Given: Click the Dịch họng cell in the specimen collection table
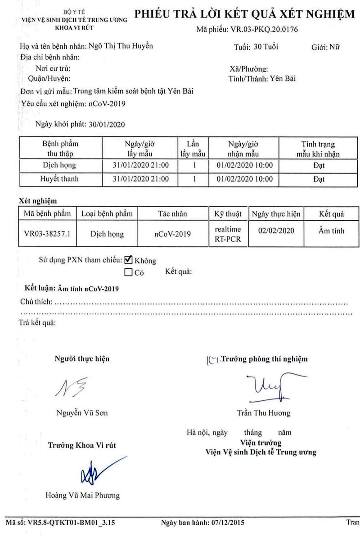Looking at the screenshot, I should pyautogui.click(x=60, y=165).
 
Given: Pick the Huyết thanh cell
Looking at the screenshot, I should pyautogui.click(x=60, y=179).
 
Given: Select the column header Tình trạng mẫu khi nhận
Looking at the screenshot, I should pyautogui.click(x=318, y=149).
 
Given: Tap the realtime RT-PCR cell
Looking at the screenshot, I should pyautogui.click(x=228, y=234).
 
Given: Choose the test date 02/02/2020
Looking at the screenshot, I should pyautogui.click(x=276, y=231).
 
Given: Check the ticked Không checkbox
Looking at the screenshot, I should pyautogui.click(x=128, y=259).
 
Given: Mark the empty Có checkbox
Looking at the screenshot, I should pyautogui.click(x=128, y=272).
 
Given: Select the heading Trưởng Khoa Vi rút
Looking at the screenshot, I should pyautogui.click(x=82, y=445).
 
